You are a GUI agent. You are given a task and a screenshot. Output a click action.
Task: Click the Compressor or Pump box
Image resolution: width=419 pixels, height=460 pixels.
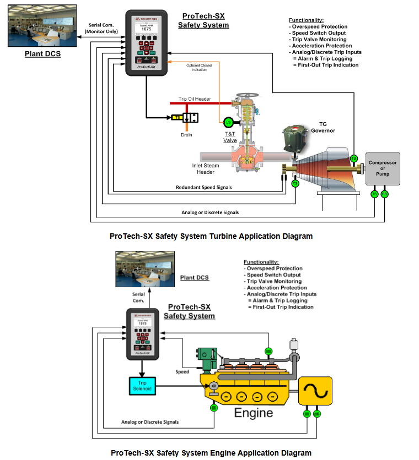[383, 168]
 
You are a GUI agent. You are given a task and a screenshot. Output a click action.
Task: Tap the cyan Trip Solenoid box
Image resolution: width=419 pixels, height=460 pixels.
[142, 387]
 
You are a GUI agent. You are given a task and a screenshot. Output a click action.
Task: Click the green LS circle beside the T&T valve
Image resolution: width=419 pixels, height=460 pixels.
[228, 122]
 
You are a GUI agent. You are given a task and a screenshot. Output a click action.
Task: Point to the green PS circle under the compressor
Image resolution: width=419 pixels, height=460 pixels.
[385, 194]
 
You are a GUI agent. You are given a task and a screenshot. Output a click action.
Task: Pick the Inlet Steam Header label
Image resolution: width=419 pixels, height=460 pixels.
[207, 169]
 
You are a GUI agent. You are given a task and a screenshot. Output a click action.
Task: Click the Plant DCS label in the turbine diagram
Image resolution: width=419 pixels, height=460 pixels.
[42, 54]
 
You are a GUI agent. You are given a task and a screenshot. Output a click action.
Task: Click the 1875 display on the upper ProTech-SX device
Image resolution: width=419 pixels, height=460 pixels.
[146, 29]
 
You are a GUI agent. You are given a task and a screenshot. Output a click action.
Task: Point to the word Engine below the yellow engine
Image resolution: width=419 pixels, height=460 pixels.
[253, 413]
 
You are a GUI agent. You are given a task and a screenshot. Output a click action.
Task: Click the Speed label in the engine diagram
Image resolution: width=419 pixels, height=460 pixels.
[182, 371]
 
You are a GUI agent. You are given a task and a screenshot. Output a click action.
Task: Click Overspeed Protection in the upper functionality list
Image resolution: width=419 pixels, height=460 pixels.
[320, 26]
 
